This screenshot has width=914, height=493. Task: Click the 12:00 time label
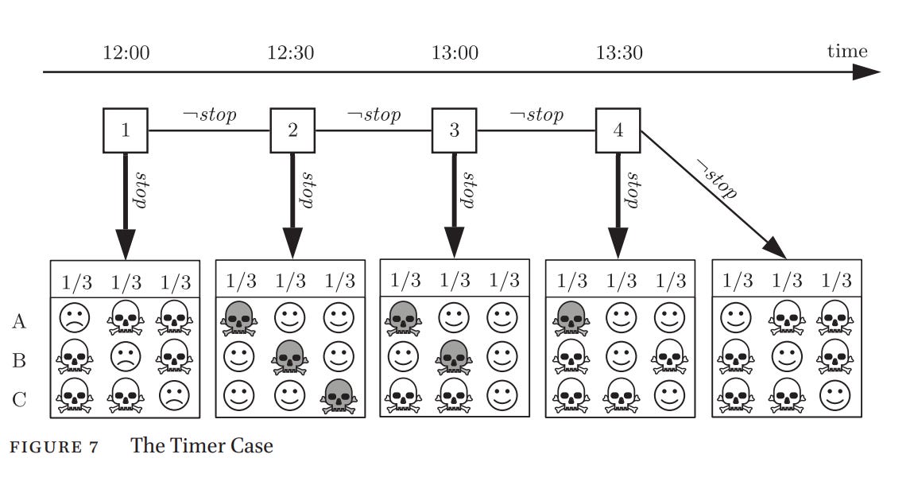coord(126,52)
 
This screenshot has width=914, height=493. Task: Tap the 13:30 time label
coord(619,52)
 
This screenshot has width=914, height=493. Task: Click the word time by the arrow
coord(847,51)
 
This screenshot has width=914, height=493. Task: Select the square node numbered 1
coord(126,130)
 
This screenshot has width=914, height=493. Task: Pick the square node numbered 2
coord(292,130)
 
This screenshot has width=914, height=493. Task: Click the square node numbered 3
coord(454,130)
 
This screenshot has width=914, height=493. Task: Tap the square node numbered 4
coord(618,130)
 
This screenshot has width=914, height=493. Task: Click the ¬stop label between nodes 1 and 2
coord(210,115)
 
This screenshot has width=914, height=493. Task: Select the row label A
coord(18,321)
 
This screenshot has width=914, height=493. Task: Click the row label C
coord(18,400)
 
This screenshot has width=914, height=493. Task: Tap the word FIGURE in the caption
coord(46,448)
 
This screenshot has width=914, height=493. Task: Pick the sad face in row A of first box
coord(75,319)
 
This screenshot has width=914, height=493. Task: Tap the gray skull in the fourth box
coord(571,319)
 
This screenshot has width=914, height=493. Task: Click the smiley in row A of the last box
coord(736,319)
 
